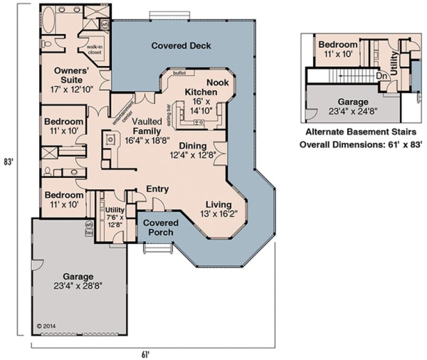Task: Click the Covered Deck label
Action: (x=181, y=45)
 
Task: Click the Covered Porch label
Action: (x=161, y=228)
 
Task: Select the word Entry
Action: (x=157, y=189)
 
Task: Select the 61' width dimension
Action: (x=145, y=355)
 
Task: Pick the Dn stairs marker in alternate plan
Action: (x=382, y=76)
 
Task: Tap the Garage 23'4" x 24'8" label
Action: (x=353, y=106)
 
